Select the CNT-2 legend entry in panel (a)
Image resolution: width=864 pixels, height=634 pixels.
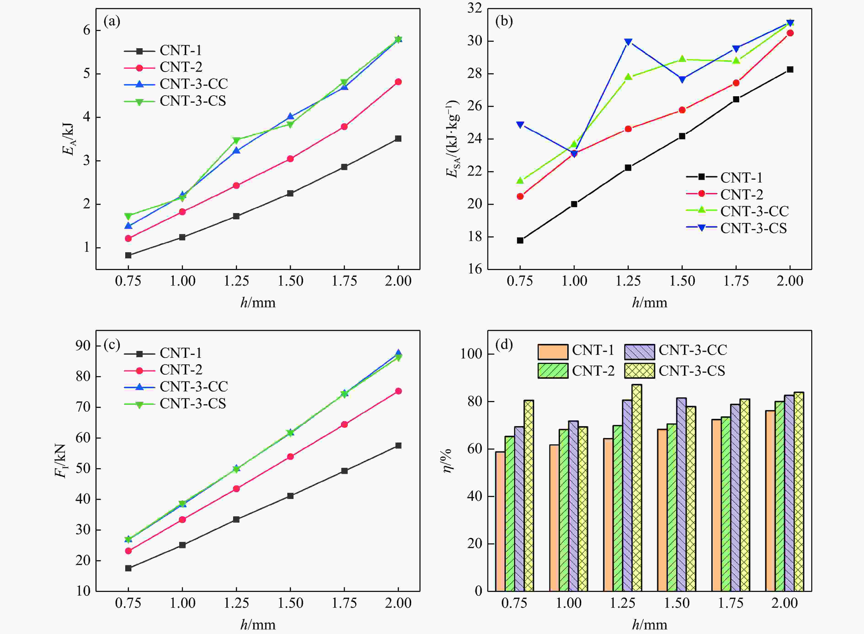tap(181, 67)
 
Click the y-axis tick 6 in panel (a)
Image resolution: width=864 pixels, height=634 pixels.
tap(87, 30)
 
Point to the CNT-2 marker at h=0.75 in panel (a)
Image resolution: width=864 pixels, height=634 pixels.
tap(128, 238)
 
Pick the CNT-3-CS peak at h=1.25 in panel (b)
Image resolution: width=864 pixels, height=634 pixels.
tap(628, 42)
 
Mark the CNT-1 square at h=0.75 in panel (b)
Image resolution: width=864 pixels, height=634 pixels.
tap(520, 241)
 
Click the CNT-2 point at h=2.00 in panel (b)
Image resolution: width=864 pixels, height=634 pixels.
tap(790, 33)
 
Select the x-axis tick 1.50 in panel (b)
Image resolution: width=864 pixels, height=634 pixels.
tap(682, 281)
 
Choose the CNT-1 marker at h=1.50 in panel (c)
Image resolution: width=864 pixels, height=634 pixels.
tap(290, 496)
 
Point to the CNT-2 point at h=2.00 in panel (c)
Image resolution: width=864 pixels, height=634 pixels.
tap(398, 391)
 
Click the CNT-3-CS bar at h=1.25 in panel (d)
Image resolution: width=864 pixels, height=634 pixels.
tap(637, 487)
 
